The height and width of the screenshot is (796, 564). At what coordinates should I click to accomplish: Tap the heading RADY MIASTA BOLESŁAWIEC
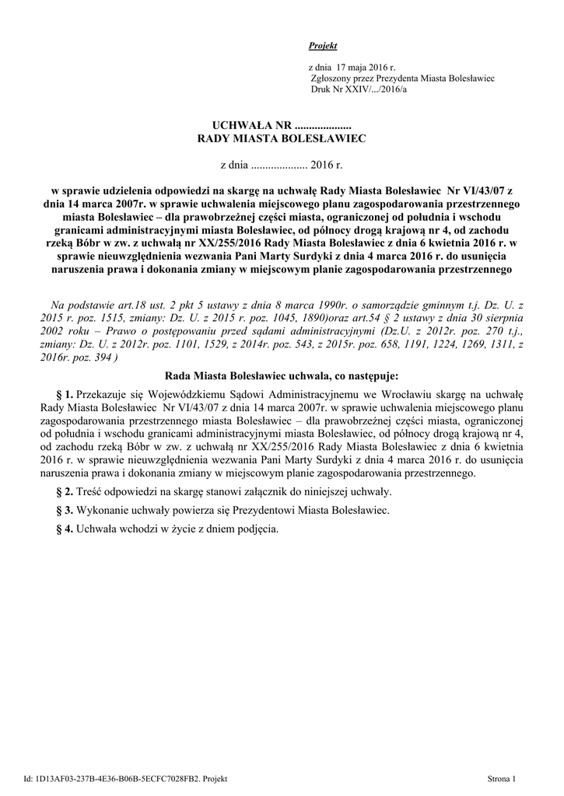(x=282, y=138)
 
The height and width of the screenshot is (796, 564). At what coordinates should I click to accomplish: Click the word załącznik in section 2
(x=262, y=492)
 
